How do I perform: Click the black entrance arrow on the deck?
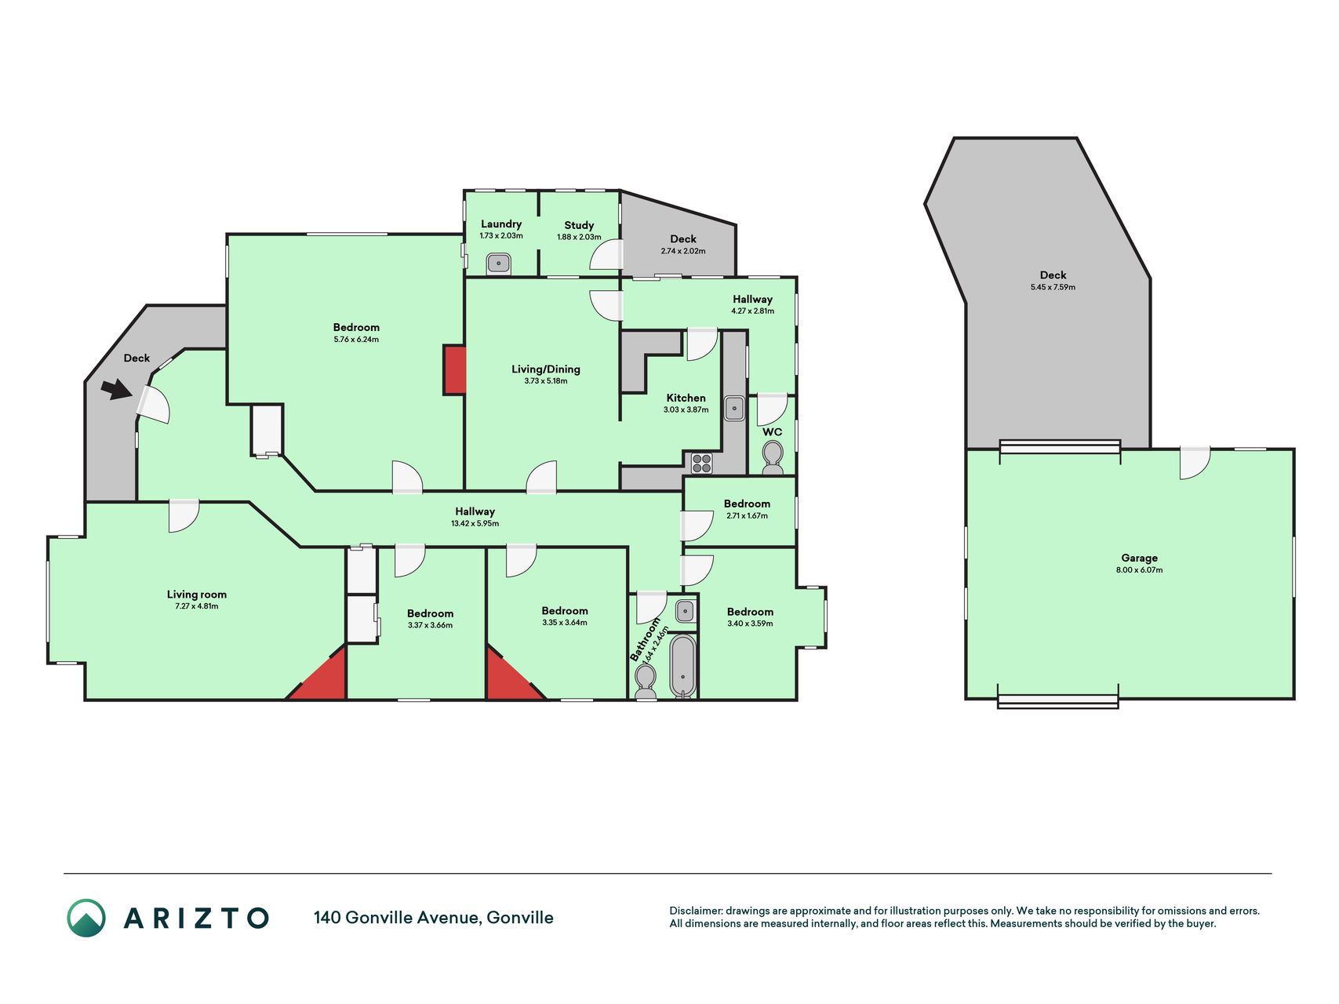pos(117,389)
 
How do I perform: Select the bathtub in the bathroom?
pos(683,666)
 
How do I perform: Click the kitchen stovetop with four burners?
pos(702,463)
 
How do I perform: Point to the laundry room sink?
pos(499,263)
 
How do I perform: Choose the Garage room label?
pos(1139,558)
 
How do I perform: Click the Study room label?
pos(579,225)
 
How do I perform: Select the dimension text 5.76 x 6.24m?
pos(356,340)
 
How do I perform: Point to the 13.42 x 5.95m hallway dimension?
pos(475,523)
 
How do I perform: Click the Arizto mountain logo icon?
pos(86,918)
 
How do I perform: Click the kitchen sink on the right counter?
pos(734,408)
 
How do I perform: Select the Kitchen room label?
pos(686,398)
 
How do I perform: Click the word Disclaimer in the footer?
pos(695,911)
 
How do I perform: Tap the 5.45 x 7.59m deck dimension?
pos(1053,287)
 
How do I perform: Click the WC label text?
pos(772,432)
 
